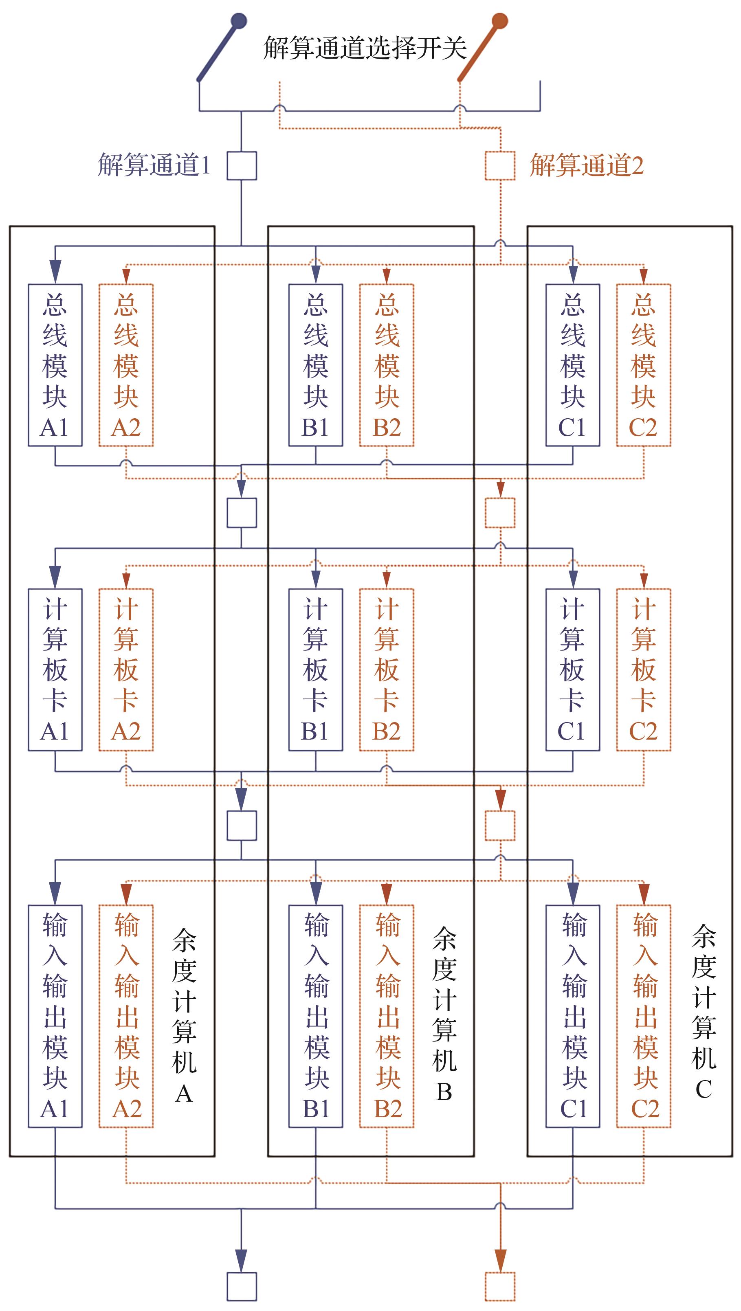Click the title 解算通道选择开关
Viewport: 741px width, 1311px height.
(365, 48)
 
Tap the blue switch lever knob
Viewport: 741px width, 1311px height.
(239, 21)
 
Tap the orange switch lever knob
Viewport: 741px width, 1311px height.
(500, 21)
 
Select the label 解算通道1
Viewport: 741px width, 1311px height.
(154, 165)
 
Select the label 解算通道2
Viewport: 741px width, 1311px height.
(586, 165)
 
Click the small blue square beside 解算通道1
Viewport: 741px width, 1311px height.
(241, 165)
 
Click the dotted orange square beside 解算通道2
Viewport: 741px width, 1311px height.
(500, 165)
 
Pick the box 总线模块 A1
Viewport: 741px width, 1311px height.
(55, 365)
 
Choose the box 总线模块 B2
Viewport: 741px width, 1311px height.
(386, 365)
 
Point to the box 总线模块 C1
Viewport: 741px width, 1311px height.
(572, 365)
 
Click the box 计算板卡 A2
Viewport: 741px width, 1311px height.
(126, 669)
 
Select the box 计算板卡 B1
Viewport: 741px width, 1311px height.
(316, 669)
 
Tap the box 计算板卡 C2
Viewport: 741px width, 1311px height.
(643, 669)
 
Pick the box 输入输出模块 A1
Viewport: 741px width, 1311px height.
(55, 1016)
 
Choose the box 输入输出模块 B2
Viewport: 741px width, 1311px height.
(386, 1016)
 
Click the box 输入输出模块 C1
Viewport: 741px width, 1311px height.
(572, 1016)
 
